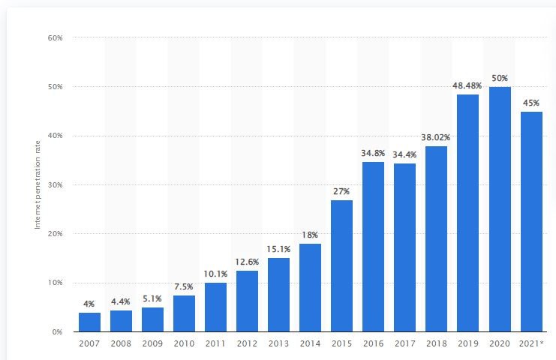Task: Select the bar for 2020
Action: [499, 209]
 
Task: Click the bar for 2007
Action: [89, 322]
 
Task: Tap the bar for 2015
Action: [341, 265]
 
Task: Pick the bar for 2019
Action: [467, 213]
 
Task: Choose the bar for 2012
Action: [247, 301]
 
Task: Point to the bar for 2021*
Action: [530, 221]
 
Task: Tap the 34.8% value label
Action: [373, 152]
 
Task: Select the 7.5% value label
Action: [184, 286]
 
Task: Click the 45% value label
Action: [530, 102]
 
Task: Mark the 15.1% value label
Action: [278, 248]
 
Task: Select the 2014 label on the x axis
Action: [310, 343]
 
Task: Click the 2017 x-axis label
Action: [404, 343]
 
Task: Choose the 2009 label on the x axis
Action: [152, 343]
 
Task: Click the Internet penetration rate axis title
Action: [38, 184]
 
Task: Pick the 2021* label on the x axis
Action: [530, 343]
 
